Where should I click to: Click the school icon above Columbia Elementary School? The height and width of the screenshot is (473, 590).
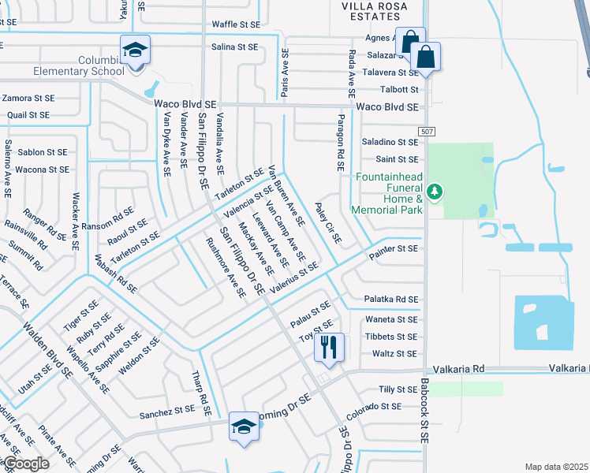(134, 50)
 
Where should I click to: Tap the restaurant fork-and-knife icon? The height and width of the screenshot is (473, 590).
(328, 346)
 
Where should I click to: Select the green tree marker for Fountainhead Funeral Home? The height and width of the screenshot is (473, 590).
(433, 191)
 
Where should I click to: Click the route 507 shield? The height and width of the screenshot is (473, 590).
(427, 131)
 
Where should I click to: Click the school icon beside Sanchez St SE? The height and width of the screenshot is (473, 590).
(243, 427)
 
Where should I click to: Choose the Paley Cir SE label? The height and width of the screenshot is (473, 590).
(327, 222)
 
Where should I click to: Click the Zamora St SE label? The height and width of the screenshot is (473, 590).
(27, 99)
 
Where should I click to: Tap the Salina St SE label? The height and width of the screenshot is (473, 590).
(234, 47)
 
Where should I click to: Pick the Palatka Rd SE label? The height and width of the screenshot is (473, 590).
(390, 300)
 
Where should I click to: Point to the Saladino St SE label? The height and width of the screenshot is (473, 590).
(390, 142)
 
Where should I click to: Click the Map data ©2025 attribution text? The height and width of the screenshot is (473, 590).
(556, 467)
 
